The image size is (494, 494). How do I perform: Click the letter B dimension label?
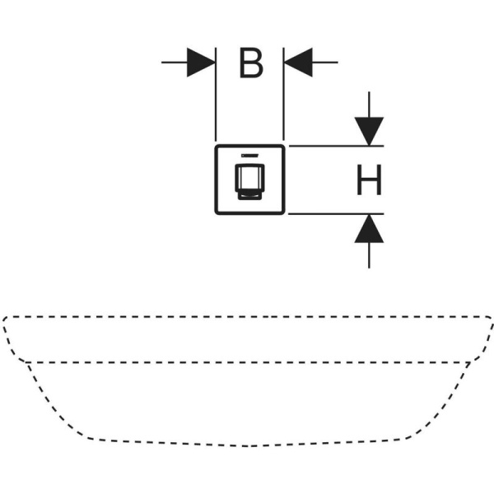click(x=251, y=63)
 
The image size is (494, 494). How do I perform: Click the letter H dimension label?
click(x=369, y=179)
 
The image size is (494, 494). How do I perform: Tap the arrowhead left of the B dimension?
click(x=201, y=63)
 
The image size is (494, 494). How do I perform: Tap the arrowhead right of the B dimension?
click(x=298, y=63)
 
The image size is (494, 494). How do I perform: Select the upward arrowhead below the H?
click(x=369, y=228)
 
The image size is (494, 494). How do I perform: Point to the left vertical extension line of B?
click(x=216, y=95)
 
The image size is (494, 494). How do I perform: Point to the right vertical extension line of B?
click(x=283, y=94)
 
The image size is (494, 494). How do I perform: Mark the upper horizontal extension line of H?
click(x=336, y=146)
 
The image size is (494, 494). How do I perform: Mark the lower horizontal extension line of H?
click(x=336, y=214)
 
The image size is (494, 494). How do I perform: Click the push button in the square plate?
click(x=249, y=182)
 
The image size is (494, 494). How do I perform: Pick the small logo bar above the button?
click(x=249, y=156)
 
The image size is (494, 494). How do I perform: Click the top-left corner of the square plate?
click(x=216, y=146)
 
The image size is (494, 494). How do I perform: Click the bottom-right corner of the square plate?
click(x=283, y=213)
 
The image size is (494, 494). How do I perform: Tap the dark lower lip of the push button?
click(x=249, y=197)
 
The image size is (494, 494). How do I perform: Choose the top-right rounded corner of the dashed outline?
click(x=489, y=319)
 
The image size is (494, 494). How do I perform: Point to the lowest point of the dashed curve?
click(x=247, y=445)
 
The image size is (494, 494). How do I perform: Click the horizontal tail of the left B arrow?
click(x=175, y=63)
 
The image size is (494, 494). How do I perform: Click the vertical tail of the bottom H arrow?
click(x=369, y=255)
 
